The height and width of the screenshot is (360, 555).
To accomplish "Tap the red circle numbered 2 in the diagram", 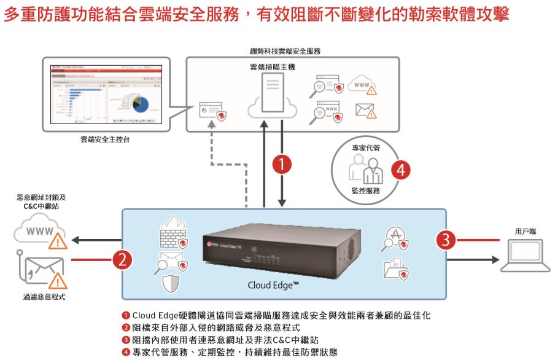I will [122, 260].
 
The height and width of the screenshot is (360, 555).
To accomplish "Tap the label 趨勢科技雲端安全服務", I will [293, 51].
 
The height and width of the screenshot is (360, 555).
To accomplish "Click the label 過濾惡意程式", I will [41, 297].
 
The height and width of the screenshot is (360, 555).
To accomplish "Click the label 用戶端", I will [526, 231].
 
